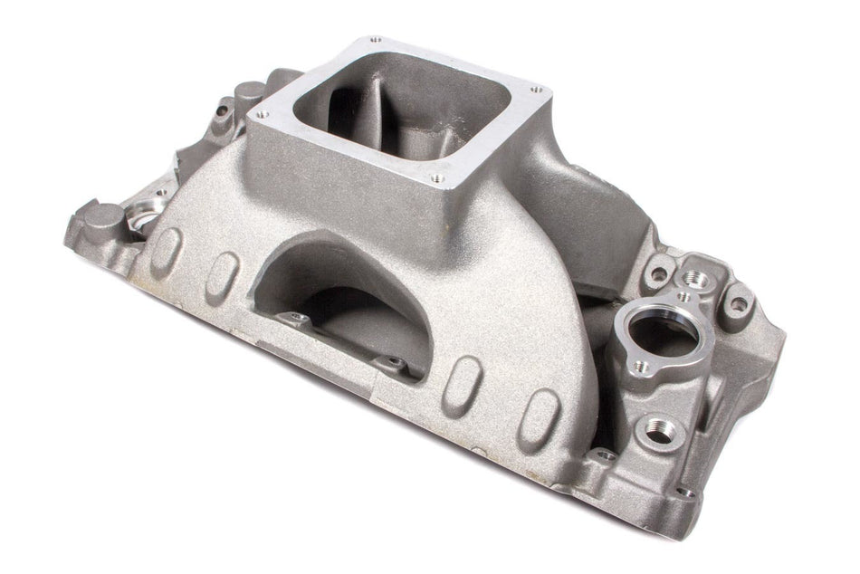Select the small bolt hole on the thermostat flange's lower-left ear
tap(639, 367)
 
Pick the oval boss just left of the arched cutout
tap(222, 272)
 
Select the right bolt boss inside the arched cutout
tap(393, 363)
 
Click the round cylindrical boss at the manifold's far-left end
tap(108, 217)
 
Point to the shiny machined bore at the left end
tap(145, 218)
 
